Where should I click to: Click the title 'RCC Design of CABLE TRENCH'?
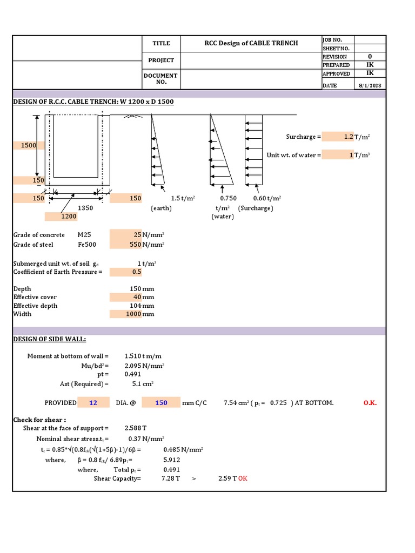point(251,43)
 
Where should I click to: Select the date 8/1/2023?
point(370,85)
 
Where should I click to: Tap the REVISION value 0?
point(370,56)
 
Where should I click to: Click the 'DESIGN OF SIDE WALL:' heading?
point(49,339)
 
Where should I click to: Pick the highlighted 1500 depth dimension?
point(29,145)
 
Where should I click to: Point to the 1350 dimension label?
point(86,208)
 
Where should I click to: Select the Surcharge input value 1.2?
point(348,137)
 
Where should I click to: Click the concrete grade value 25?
point(137,235)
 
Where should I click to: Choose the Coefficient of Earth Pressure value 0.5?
point(136,272)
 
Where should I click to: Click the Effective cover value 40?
point(137,297)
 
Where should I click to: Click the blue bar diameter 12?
point(93,403)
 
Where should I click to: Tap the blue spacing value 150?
point(161,403)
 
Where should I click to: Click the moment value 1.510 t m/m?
point(143,356)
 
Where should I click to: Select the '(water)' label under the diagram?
point(222,217)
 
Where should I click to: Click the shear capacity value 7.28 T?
point(171,478)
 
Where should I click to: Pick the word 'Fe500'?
point(87,245)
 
